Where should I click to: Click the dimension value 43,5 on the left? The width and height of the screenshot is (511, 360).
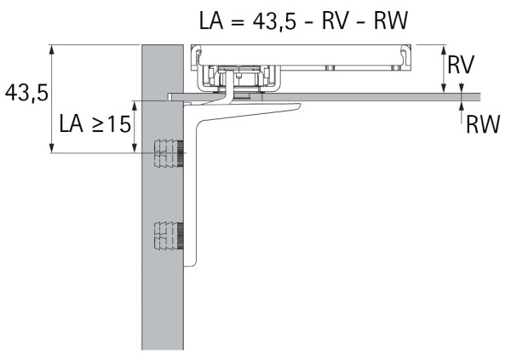25,93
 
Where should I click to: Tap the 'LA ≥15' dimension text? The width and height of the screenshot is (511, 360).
95,125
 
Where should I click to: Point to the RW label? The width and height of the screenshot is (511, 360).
482,126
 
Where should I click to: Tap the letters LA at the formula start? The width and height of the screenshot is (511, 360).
210,20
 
